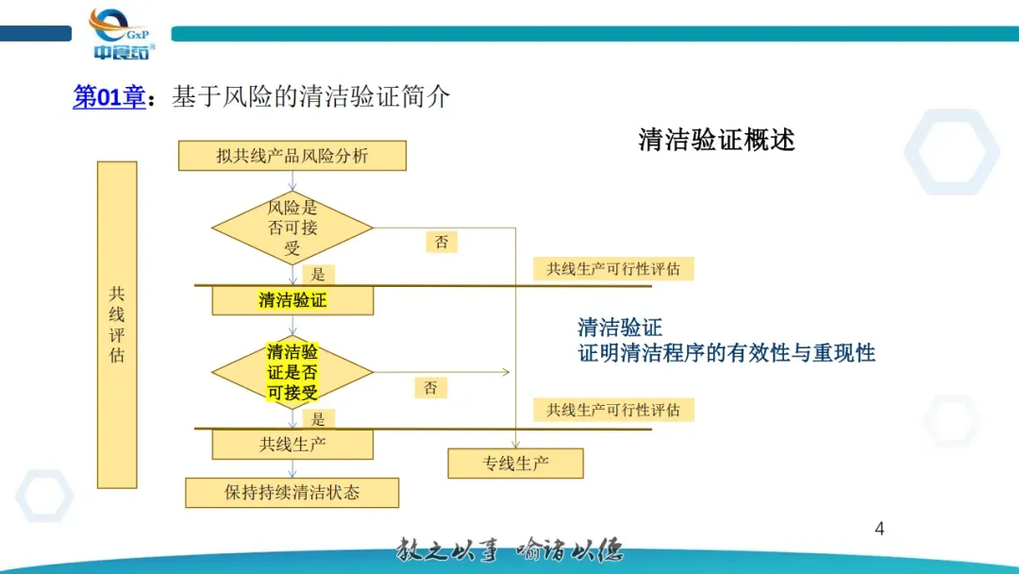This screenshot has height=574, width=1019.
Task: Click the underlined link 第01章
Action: pyautogui.click(x=110, y=96)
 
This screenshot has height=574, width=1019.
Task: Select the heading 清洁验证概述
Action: pyautogui.click(x=716, y=140)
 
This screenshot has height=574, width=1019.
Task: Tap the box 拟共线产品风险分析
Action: pyautogui.click(x=292, y=156)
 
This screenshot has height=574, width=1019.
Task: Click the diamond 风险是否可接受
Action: pyautogui.click(x=292, y=228)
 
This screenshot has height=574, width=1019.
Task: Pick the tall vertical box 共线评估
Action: pyautogui.click(x=117, y=324)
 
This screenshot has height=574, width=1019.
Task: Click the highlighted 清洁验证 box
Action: pyautogui.click(x=292, y=300)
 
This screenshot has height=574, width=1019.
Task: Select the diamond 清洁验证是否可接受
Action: pyautogui.click(x=292, y=372)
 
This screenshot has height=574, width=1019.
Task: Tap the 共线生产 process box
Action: pyautogui.click(x=292, y=444)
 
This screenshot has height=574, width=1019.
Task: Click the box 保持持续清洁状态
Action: pyautogui.click(x=292, y=492)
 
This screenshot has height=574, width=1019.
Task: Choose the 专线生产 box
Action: pyautogui.click(x=515, y=463)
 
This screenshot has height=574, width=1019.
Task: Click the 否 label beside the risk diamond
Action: pyautogui.click(x=442, y=242)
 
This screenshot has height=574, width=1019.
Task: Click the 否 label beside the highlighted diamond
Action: pyautogui.click(x=430, y=387)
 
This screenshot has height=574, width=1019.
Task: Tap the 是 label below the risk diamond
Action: pyautogui.click(x=319, y=275)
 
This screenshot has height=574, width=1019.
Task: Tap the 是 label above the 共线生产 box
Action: pyautogui.click(x=319, y=418)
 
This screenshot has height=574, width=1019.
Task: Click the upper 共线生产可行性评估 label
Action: pyautogui.click(x=613, y=269)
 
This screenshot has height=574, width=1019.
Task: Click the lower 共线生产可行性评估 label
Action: pyautogui.click(x=613, y=410)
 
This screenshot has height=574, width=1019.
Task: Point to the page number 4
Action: pyautogui.click(x=879, y=529)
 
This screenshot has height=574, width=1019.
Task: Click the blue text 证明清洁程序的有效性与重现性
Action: pyautogui.click(x=727, y=353)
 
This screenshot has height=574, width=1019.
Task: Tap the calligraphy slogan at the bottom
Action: pyautogui.click(x=509, y=549)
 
